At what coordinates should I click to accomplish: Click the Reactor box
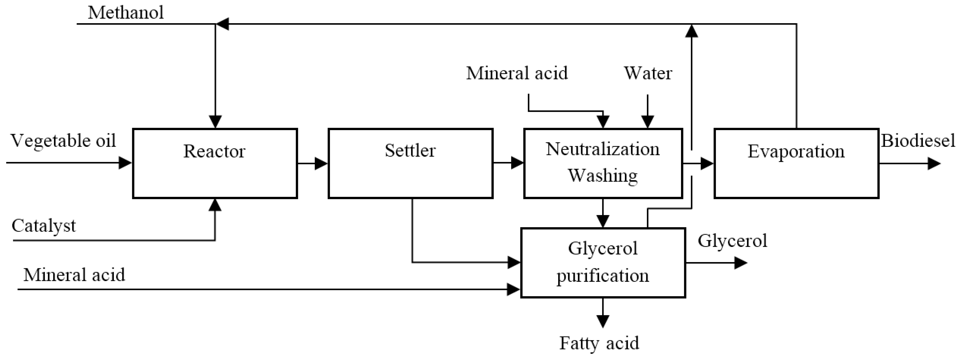tap(215, 163)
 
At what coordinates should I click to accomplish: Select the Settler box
tap(410, 163)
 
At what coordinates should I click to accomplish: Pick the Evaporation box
tap(796, 163)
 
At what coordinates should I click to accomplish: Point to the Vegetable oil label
tap(63, 141)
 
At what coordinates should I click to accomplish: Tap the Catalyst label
tap(43, 226)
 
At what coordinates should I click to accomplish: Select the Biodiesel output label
tap(918, 141)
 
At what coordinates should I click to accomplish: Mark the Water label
tap(647, 73)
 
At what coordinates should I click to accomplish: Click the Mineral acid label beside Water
tap(517, 73)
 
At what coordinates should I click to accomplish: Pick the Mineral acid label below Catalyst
tap(74, 275)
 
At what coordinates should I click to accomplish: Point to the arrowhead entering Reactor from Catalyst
tap(215, 205)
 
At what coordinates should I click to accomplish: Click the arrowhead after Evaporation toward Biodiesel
tap(934, 163)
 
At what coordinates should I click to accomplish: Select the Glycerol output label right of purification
tap(732, 241)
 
